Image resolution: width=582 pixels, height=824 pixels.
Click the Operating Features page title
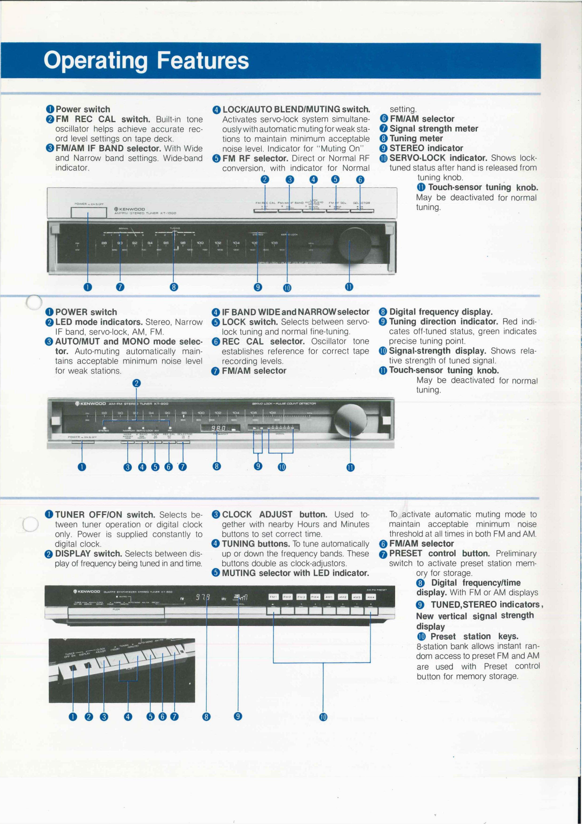click(146, 61)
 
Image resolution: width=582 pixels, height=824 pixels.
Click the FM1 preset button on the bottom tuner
click(273, 597)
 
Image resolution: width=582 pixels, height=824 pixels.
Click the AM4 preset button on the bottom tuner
click(371, 597)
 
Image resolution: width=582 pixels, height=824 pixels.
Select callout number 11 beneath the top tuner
click(349, 287)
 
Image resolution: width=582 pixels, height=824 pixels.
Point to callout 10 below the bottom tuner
click(323, 717)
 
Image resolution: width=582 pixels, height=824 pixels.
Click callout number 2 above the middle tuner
click(136, 383)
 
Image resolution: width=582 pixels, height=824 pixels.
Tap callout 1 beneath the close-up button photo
click(73, 716)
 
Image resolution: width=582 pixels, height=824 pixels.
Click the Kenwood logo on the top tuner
click(129, 209)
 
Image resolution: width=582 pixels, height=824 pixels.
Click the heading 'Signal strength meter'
click(434, 129)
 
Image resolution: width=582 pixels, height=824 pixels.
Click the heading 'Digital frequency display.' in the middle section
click(441, 312)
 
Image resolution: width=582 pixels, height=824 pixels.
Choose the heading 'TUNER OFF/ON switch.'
click(105, 515)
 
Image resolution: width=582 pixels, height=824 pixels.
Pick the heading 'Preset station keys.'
click(474, 636)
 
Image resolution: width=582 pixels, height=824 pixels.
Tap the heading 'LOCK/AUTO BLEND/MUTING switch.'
click(296, 109)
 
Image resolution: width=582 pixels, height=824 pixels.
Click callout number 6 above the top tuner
click(360, 179)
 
